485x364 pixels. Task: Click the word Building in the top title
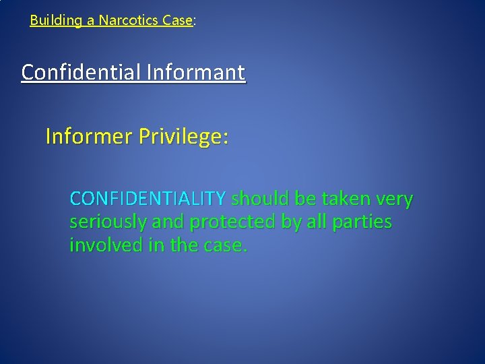(x=53, y=20)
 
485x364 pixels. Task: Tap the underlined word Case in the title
(x=177, y=20)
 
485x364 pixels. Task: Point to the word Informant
(x=203, y=71)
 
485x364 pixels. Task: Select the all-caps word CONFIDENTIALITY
(x=148, y=200)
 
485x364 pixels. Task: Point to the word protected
(x=222, y=222)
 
